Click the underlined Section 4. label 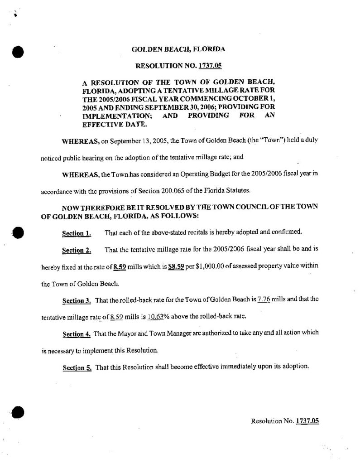(77, 334)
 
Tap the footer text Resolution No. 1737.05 (285, 421)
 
